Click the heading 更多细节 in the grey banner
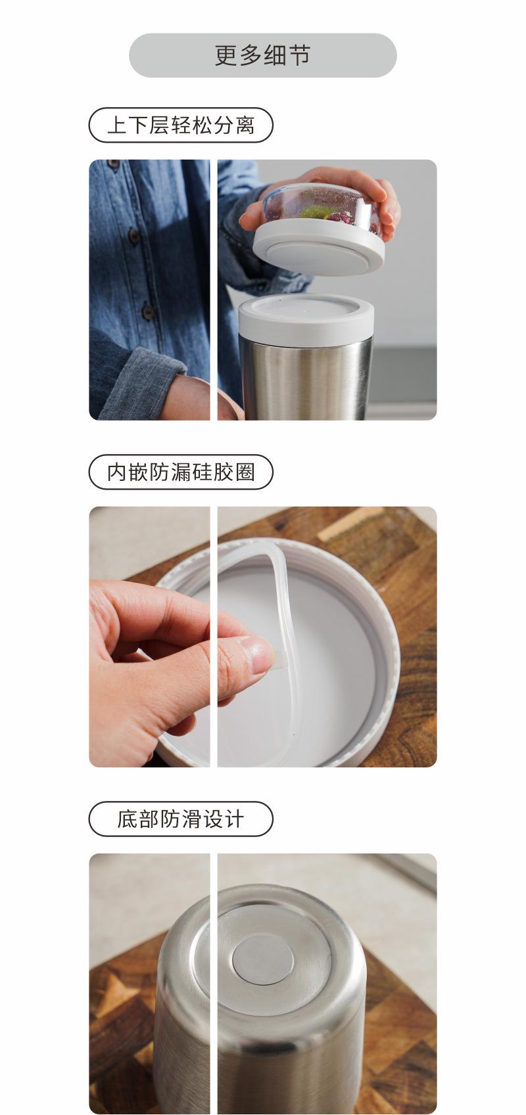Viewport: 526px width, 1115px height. pos(262,55)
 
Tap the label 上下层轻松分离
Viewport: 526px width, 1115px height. pos(181,125)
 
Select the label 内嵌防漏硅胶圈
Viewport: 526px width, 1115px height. pos(181,472)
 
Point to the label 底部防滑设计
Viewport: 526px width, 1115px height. pos(181,819)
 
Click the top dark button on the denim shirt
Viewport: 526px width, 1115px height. pos(114,164)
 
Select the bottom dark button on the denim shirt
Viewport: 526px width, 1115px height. pos(148,311)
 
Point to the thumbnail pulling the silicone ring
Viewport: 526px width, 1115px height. pos(258,654)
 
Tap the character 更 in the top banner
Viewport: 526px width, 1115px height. pos(226,55)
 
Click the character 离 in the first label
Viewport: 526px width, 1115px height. pos(245,125)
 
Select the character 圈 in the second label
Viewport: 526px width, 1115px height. pos(245,472)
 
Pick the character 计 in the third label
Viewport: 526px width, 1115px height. pos(234,819)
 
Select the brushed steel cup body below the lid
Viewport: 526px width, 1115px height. pos(306,378)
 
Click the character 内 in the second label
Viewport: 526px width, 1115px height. pos(117,472)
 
